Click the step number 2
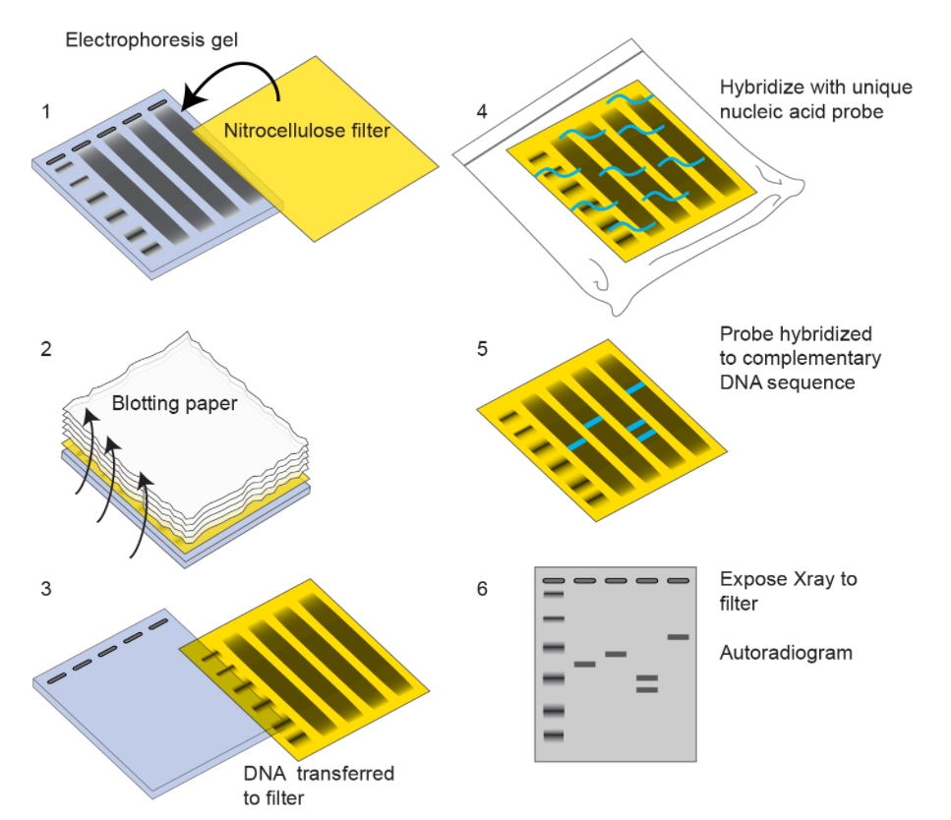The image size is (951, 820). point(46,349)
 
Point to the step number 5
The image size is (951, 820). point(481,349)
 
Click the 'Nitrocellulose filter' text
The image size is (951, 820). point(307,130)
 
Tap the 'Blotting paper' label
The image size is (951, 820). point(174,403)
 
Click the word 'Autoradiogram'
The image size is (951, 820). point(786,652)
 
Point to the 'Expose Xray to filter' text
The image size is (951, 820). point(787,591)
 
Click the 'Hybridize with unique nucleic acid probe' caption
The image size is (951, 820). point(815,99)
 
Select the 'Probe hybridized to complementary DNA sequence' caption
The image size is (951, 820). point(800,357)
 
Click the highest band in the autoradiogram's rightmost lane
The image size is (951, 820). point(678,637)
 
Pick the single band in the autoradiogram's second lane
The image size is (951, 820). point(584,665)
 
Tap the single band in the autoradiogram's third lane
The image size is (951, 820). point(616,654)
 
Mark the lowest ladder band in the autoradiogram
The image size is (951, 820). point(552,735)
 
